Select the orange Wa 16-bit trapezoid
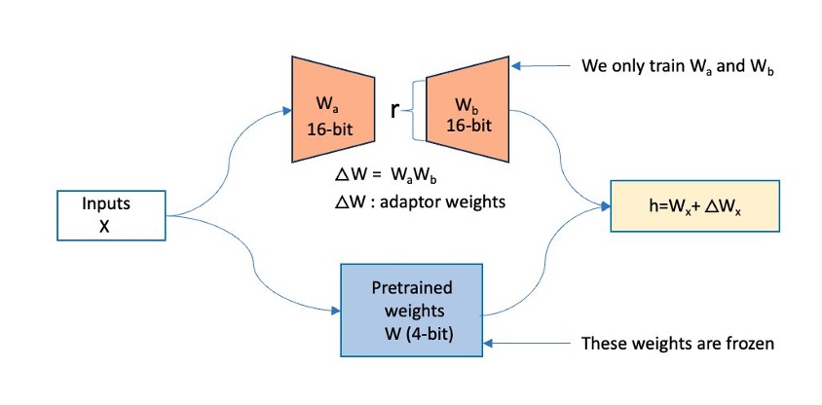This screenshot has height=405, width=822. coord(327,110)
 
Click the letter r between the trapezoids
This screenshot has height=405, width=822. coord(393,110)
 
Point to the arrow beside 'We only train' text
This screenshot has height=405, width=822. coord(541,67)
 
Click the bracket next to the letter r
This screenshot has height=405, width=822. coord(417,110)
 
